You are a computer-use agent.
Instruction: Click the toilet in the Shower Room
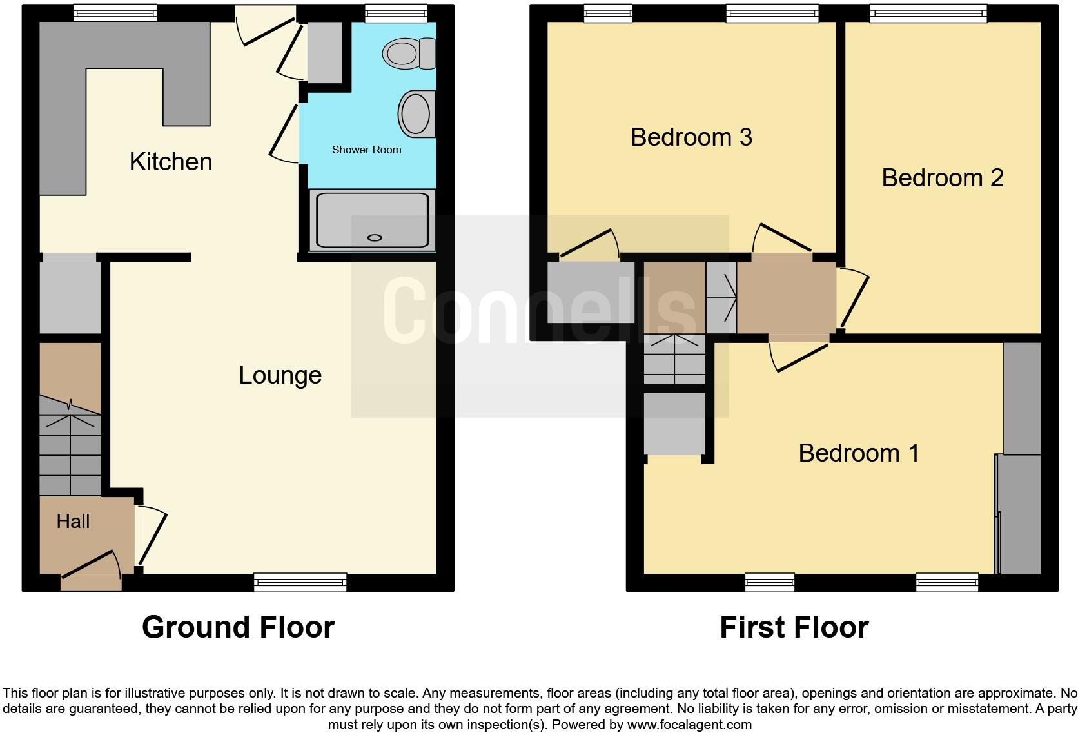pyautogui.click(x=410, y=53)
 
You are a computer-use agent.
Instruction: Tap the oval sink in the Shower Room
pyautogui.click(x=416, y=113)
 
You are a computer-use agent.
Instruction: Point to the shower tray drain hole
pyautogui.click(x=375, y=238)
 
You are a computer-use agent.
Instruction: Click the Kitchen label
pyautogui.click(x=171, y=162)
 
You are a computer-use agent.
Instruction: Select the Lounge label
pyautogui.click(x=280, y=375)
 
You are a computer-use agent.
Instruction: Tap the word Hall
pyautogui.click(x=73, y=522)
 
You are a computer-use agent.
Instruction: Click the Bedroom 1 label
pyautogui.click(x=859, y=453)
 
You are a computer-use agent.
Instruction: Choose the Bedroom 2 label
pyautogui.click(x=943, y=178)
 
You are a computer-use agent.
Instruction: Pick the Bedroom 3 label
pyautogui.click(x=691, y=137)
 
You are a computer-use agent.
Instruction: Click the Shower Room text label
pyautogui.click(x=366, y=150)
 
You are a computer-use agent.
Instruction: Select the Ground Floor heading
pyautogui.click(x=238, y=627)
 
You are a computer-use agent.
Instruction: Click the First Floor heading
pyautogui.click(x=794, y=627)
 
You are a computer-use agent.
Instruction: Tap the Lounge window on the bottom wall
pyautogui.click(x=300, y=583)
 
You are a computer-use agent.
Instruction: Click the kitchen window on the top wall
pyautogui.click(x=115, y=12)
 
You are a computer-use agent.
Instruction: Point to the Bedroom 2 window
pyautogui.click(x=928, y=12)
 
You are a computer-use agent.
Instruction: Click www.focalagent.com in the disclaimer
pyautogui.click(x=689, y=725)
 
